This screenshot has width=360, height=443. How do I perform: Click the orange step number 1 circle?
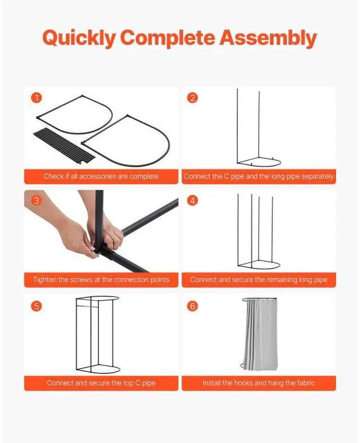(37, 98)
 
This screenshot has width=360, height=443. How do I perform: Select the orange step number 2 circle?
(193, 98)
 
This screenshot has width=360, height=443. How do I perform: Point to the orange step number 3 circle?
(37, 201)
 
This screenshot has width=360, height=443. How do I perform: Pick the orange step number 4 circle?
(193, 201)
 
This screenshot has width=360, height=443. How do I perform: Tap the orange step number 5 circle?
(37, 306)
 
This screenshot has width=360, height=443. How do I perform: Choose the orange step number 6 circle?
(193, 306)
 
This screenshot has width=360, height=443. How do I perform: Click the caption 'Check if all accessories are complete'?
(101, 176)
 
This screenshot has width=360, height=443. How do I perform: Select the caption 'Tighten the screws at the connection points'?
(101, 280)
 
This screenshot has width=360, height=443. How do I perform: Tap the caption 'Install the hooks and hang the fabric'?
(259, 383)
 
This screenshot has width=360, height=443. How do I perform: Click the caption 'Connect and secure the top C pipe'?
(101, 383)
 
